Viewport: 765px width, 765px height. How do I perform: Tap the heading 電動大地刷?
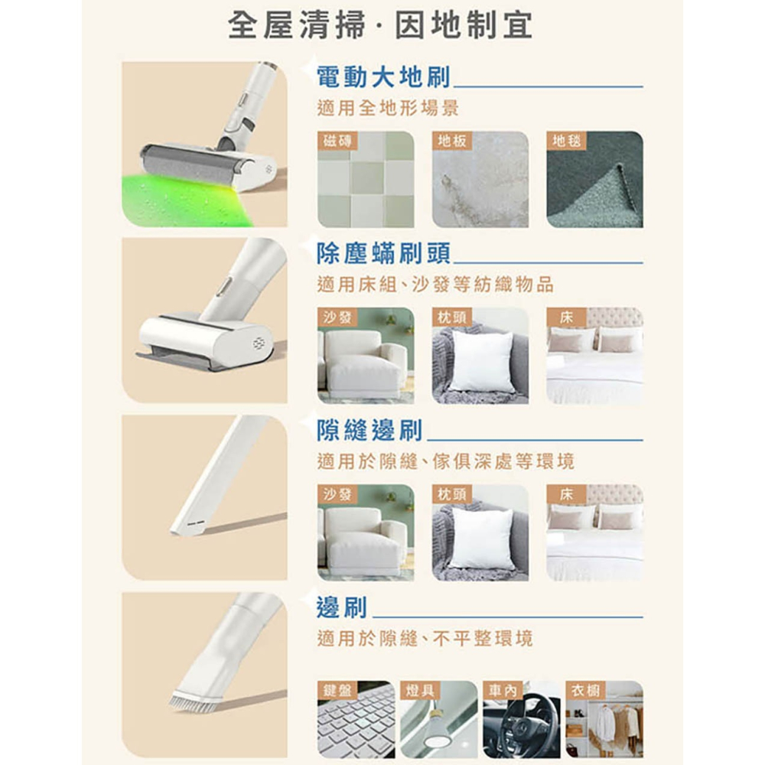383,76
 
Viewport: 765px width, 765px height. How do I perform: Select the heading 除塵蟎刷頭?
383,252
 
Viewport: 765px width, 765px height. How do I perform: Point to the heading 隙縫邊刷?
369,431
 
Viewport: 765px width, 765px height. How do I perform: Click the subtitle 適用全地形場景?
387,109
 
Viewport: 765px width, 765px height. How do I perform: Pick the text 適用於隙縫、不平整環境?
425,638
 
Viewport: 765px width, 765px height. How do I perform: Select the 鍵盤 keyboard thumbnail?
356,723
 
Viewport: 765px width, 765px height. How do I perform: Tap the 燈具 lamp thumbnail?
438,723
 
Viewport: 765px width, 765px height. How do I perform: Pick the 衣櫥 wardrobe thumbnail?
604,723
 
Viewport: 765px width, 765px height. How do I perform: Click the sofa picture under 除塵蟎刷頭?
365,360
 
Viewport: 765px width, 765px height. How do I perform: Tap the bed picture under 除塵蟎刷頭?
594,360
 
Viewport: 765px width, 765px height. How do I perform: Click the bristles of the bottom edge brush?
190,702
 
